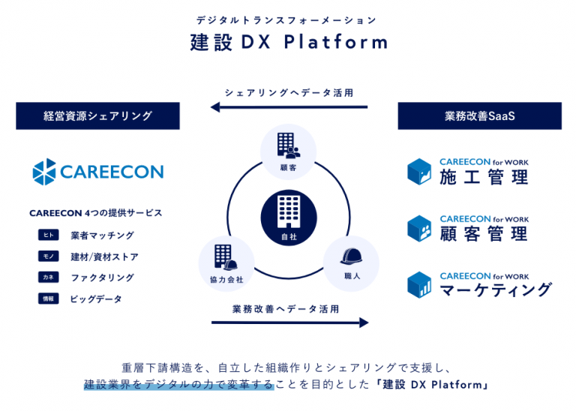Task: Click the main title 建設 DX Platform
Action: coord(289,42)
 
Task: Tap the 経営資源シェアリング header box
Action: coord(97,115)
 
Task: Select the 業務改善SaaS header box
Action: coord(480,115)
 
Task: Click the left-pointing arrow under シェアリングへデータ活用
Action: coord(289,107)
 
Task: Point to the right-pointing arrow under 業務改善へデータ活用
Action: coord(289,322)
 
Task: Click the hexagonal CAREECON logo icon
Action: coord(44,172)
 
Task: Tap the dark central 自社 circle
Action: coord(289,217)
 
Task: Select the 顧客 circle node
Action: coord(288,152)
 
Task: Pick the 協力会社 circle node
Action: coord(226,264)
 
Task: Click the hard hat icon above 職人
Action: coord(351,256)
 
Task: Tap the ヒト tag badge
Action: coord(49,235)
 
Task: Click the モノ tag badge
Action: coord(49,256)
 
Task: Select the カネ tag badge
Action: coord(49,277)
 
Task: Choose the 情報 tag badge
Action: coord(49,298)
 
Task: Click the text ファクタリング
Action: coord(103,277)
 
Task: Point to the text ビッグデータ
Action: coord(96,299)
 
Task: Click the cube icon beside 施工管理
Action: coord(419,172)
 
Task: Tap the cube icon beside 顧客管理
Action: coord(419,229)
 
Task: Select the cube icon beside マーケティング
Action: coord(419,285)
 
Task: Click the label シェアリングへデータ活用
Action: coord(289,92)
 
